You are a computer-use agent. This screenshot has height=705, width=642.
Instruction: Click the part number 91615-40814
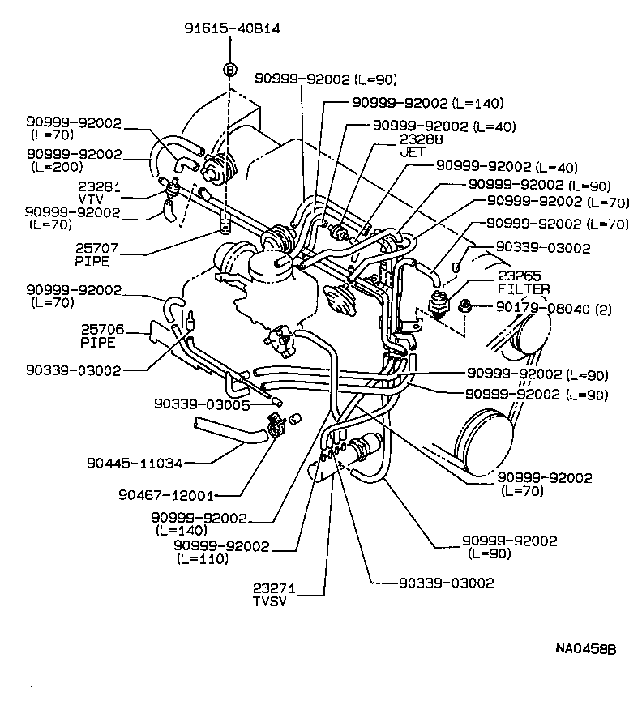[233, 28]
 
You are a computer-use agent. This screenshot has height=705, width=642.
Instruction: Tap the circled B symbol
[229, 70]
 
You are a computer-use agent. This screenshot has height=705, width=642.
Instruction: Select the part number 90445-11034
[135, 464]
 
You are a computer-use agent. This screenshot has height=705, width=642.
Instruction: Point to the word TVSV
[269, 600]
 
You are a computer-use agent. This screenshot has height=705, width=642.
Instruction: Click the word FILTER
[524, 289]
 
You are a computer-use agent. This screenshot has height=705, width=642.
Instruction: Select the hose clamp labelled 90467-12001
[276, 424]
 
